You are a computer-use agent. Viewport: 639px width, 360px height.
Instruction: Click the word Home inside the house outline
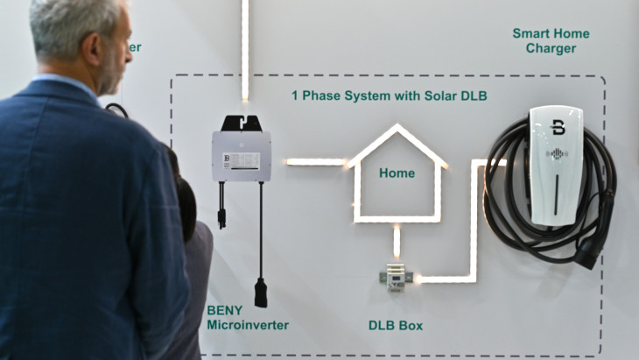pyautogui.click(x=397, y=173)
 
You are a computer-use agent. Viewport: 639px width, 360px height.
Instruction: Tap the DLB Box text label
pyautogui.click(x=395, y=326)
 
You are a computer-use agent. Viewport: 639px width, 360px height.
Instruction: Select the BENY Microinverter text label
pyautogui.click(x=247, y=317)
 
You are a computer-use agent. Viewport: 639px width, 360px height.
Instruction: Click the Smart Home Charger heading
pyautogui.click(x=551, y=40)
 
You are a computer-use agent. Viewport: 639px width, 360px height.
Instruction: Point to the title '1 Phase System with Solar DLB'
pyautogui.click(x=389, y=95)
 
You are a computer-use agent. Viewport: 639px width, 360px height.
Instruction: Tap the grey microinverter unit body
pyautogui.click(x=241, y=156)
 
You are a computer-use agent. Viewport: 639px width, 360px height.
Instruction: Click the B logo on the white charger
pyautogui.click(x=558, y=128)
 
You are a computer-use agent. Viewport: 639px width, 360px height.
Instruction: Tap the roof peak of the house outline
pyautogui.click(x=397, y=128)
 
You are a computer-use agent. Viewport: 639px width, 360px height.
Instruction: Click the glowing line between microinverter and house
pyautogui.click(x=315, y=162)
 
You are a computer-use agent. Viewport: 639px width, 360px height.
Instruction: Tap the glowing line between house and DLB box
pyautogui.click(x=397, y=242)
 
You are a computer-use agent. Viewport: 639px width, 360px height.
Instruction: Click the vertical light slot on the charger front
pyautogui.click(x=556, y=193)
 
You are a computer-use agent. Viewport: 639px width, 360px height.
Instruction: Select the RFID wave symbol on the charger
pyautogui.click(x=557, y=154)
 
